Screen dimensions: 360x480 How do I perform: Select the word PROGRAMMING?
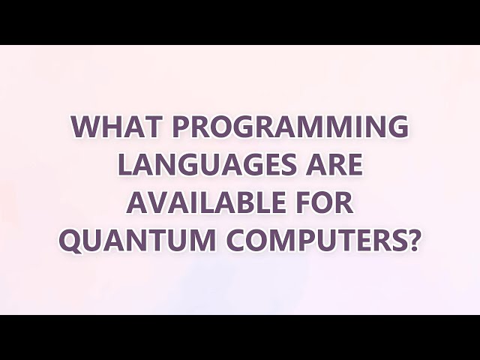291,127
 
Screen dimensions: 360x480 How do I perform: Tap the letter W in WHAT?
85,127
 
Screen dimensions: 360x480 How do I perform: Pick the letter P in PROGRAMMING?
181,127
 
